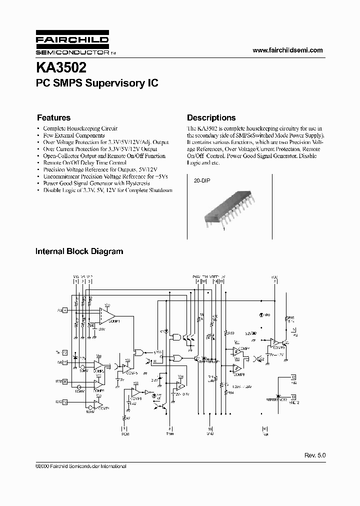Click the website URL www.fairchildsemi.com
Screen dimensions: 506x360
point(287,50)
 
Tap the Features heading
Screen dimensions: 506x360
point(53,118)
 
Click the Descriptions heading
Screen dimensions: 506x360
point(211,118)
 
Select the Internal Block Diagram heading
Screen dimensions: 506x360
point(79,251)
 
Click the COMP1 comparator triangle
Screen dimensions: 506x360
point(107,316)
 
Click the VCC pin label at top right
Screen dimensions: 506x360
point(274,278)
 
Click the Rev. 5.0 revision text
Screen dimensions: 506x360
point(314,456)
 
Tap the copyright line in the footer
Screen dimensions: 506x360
point(80,466)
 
